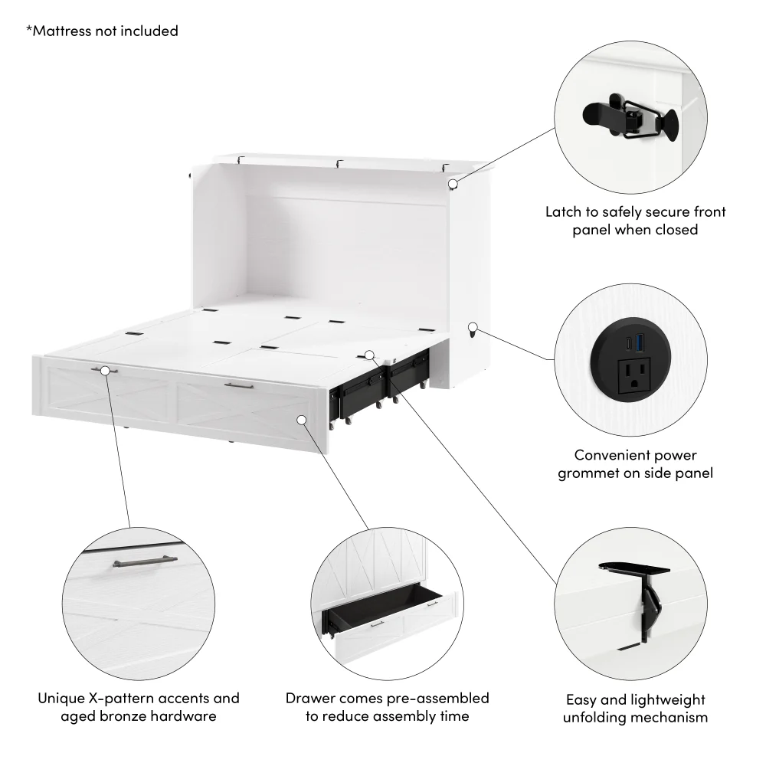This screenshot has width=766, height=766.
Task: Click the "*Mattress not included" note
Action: tap(102, 31)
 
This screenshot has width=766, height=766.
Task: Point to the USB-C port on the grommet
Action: tap(626, 345)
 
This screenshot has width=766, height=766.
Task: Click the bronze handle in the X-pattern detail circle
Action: tap(134, 563)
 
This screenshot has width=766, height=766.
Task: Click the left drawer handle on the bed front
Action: tap(104, 371)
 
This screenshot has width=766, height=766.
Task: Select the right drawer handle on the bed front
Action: tap(239, 386)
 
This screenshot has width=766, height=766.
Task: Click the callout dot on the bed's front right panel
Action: tap(302, 420)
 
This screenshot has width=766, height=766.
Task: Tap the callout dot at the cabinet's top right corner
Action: tap(453, 184)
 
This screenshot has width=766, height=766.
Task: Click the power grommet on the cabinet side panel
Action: tap(473, 329)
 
